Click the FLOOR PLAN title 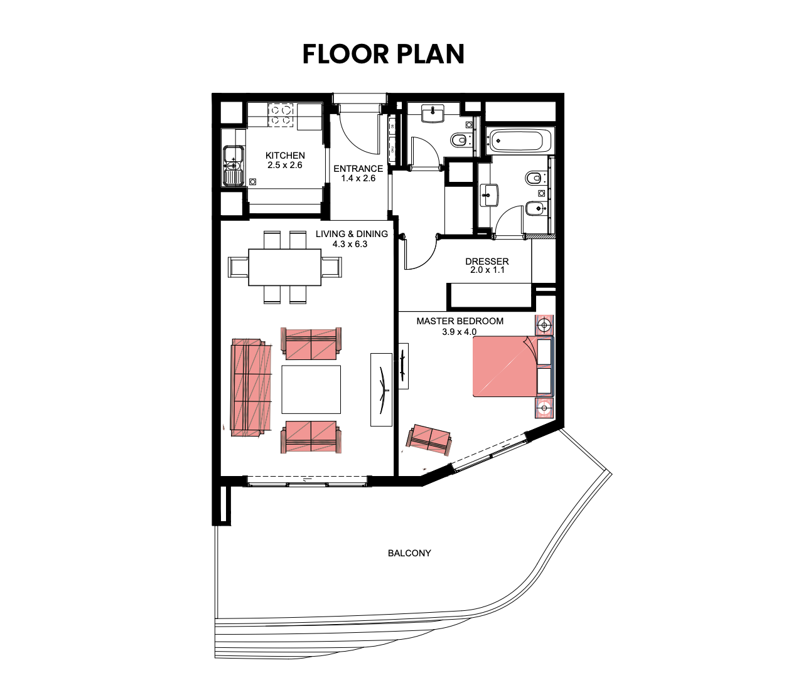pos(383,54)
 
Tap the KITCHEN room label pos(285,156)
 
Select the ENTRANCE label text pos(358,169)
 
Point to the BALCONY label pos(409,553)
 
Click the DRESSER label pos(487,262)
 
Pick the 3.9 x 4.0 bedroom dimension pos(460,332)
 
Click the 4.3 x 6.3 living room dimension pos(350,244)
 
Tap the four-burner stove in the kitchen pos(281,115)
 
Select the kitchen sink pos(234,166)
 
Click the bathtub pos(519,140)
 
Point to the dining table pos(285,267)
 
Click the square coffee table pos(311,389)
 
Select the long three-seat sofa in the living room pos(251,388)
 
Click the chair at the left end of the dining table pos(238,267)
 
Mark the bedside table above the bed pos(544,326)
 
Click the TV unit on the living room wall pos(382,389)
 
